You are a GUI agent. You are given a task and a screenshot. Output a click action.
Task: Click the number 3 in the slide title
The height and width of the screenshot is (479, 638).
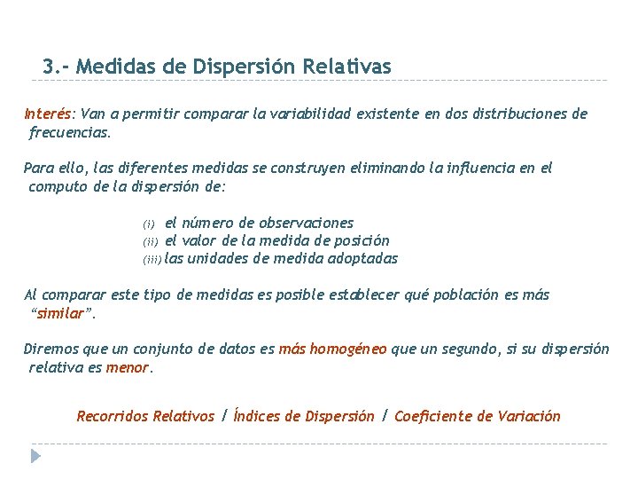48,67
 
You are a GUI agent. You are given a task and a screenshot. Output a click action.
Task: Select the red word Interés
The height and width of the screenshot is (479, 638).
49,114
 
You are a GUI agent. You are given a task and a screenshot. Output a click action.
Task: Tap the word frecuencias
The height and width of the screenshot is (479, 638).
70,132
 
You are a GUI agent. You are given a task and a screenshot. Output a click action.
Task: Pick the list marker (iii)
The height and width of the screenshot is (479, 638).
152,259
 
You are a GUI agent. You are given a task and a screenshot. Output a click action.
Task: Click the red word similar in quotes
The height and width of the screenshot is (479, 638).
62,313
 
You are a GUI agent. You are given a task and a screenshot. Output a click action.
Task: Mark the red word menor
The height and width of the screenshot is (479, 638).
128,367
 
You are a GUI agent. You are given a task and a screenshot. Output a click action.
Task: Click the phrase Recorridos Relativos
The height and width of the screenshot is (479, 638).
145,416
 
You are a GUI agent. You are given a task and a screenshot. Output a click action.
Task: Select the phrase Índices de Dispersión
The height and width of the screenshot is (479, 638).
303,416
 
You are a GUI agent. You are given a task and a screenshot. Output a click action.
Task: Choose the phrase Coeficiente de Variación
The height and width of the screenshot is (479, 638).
477,416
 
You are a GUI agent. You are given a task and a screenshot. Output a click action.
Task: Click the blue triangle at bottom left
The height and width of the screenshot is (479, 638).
35,456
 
